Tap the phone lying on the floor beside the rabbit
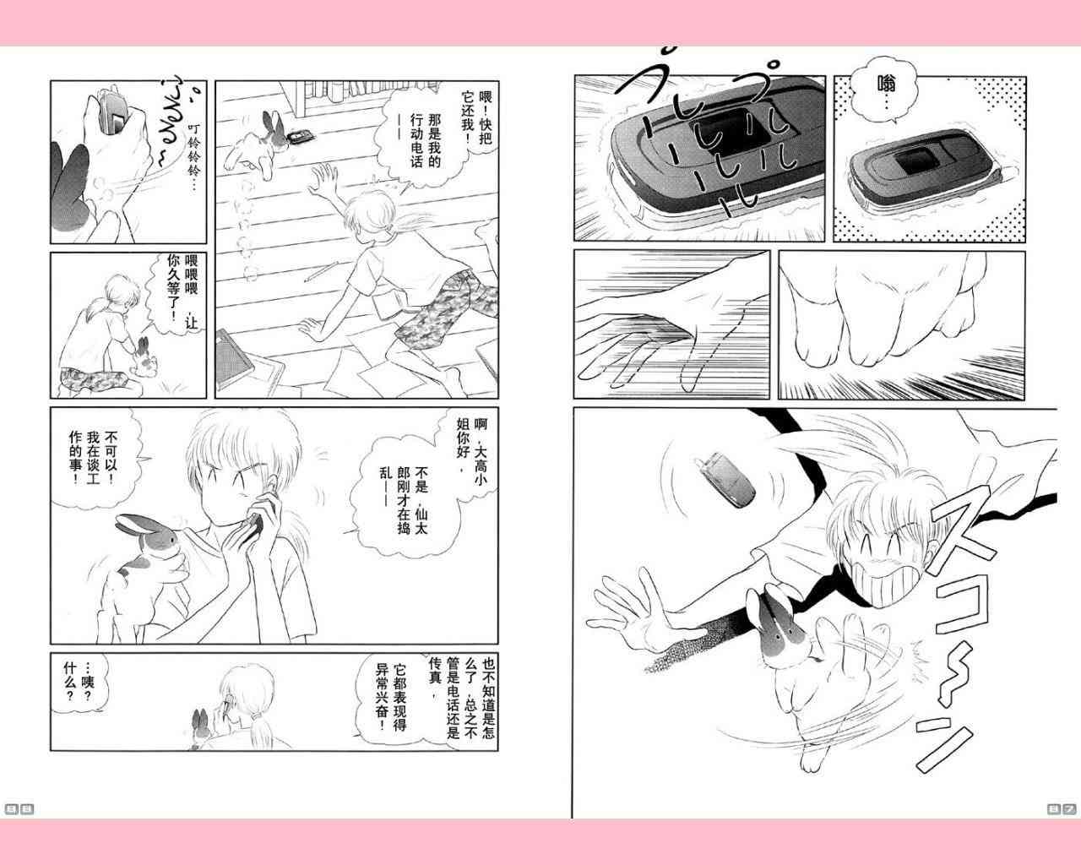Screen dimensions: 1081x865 [x=301, y=136]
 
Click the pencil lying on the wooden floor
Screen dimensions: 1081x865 [x=319, y=271]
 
